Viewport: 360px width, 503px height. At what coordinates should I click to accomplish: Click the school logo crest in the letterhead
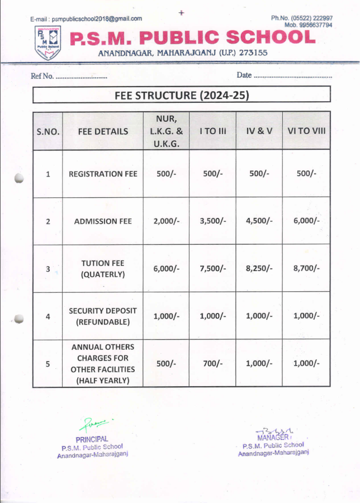pos(48,43)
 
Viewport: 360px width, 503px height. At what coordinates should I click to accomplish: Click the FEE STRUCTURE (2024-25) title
pos(181,95)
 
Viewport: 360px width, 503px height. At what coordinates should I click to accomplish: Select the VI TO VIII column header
pos(306,131)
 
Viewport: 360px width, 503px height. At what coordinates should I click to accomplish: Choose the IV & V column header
pos(259,131)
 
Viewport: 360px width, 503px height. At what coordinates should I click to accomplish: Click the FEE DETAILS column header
pos(103,132)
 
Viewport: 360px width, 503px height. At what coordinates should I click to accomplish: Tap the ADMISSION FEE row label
pos(103,221)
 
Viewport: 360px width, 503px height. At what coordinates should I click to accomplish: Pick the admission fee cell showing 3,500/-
pos(212,221)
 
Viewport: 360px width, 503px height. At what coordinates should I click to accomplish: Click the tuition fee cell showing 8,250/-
pos(259,268)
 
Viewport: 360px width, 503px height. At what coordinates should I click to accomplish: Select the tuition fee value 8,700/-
pos(306,268)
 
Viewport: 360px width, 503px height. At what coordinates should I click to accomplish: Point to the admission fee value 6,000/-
pos(306,221)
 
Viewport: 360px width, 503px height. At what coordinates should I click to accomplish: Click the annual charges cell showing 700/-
pos(212,363)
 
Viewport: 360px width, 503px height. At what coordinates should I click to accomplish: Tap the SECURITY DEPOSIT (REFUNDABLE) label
pos(103,316)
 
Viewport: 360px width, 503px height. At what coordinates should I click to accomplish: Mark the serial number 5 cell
pos(48,363)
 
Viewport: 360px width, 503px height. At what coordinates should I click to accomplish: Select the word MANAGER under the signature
pos(273,437)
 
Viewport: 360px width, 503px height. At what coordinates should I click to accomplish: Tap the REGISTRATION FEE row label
pos(103,174)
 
